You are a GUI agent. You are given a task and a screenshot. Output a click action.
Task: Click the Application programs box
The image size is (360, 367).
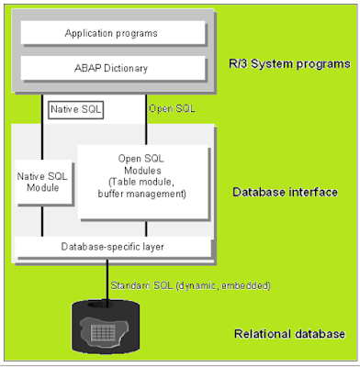click(111, 33)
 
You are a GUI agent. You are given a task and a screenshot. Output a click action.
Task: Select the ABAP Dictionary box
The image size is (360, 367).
click(111, 69)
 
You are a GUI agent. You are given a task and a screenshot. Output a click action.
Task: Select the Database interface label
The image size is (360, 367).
click(285, 192)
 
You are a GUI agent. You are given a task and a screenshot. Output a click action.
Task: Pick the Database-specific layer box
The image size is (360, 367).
click(111, 247)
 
